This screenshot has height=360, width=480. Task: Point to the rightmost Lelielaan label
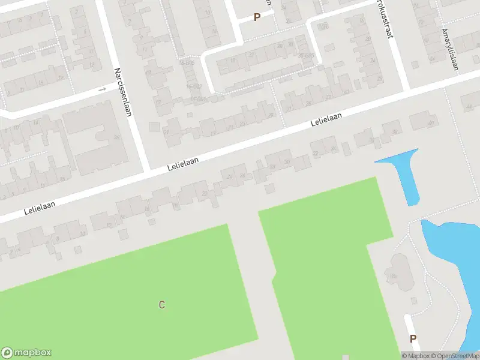click(x=326, y=120)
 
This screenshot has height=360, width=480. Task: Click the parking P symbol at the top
click(x=257, y=17)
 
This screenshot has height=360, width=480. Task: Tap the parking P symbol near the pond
click(x=413, y=339)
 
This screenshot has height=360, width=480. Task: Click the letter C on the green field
click(x=161, y=305)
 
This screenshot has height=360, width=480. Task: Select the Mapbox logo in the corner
click(x=26, y=353)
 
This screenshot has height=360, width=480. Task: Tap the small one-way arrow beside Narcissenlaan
click(x=101, y=89)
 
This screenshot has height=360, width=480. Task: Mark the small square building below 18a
click(x=413, y=300)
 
